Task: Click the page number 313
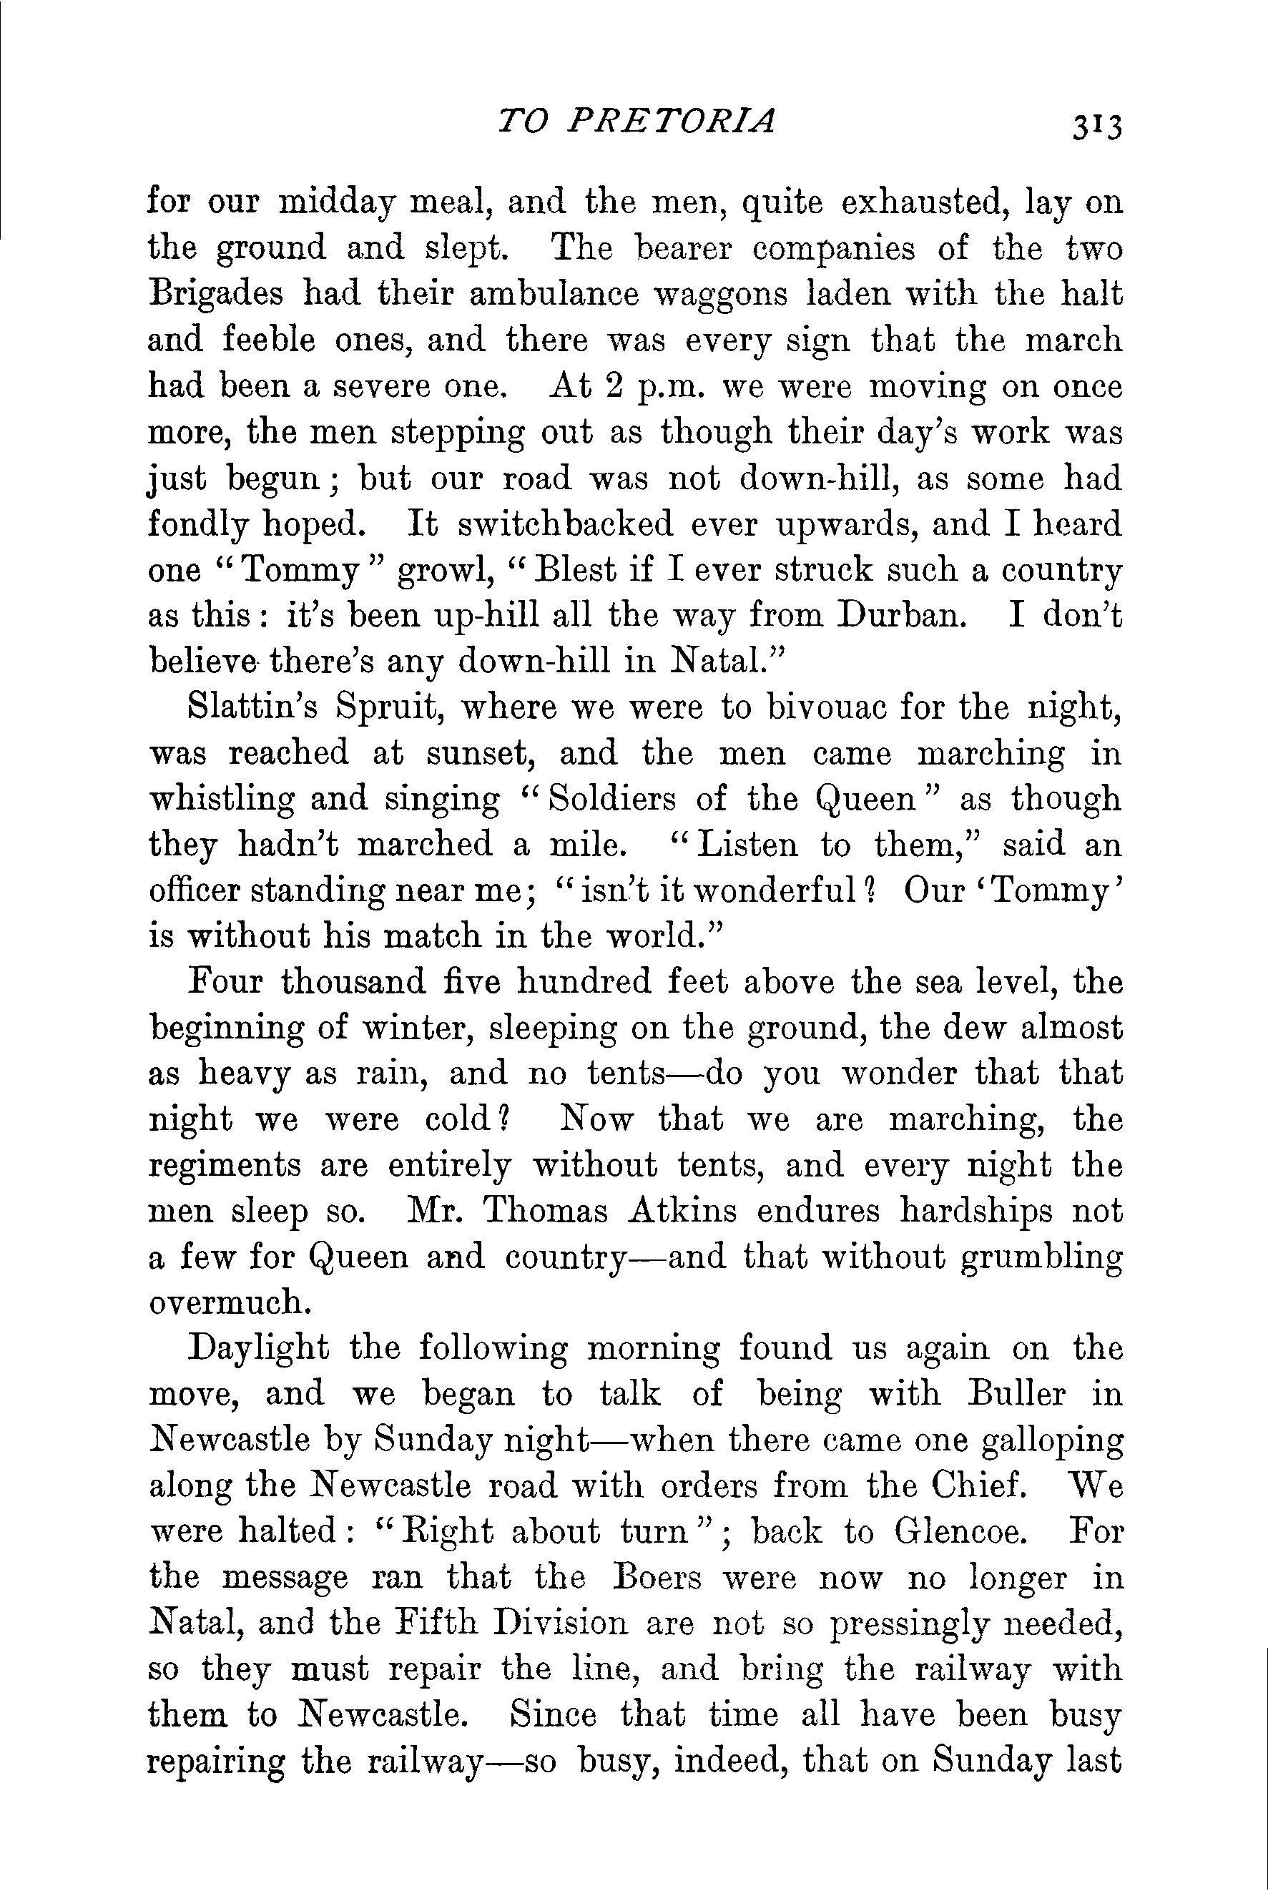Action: (x=1096, y=127)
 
